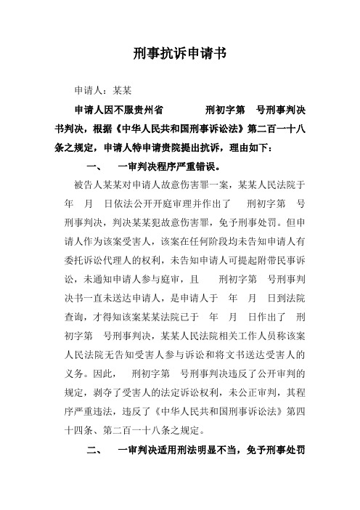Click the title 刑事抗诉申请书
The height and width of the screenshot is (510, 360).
181,54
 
